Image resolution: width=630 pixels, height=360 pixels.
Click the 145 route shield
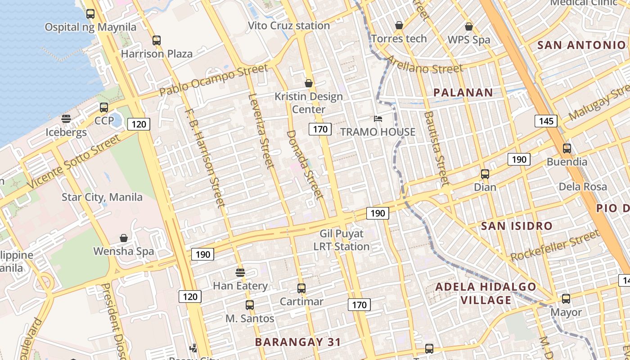pyautogui.click(x=546, y=121)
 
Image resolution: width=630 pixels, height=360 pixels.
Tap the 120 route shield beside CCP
pyautogui.click(x=139, y=124)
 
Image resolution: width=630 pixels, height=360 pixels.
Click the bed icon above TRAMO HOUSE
pyautogui.click(x=378, y=119)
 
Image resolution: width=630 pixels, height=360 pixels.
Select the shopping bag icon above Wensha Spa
pyautogui.click(x=124, y=238)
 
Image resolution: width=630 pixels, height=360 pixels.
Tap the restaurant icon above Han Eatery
pyautogui.click(x=240, y=272)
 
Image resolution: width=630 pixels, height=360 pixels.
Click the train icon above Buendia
pyautogui.click(x=567, y=148)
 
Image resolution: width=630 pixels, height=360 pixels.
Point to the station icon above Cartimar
pyautogui.click(x=301, y=288)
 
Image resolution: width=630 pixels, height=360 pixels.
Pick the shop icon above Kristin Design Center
pyautogui.click(x=309, y=83)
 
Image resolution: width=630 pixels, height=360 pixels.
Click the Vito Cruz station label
pyautogui.click(x=289, y=26)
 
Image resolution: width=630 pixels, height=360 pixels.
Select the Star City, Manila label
pyautogui.click(x=102, y=197)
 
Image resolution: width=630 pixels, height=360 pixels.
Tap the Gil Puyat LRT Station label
pyautogui.click(x=342, y=240)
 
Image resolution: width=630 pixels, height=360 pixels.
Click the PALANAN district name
pyautogui.click(x=463, y=93)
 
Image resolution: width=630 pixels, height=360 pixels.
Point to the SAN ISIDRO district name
pyautogui.click(x=517, y=226)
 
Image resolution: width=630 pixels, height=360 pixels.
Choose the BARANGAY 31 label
pyautogui.click(x=298, y=342)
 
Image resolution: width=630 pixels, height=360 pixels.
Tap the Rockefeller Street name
pyautogui.click(x=555, y=246)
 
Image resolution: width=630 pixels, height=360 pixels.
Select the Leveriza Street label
pyautogui.click(x=261, y=130)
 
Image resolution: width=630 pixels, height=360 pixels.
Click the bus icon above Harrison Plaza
pyautogui.click(x=156, y=40)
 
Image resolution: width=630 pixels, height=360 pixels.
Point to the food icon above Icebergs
pyautogui.click(x=66, y=119)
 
